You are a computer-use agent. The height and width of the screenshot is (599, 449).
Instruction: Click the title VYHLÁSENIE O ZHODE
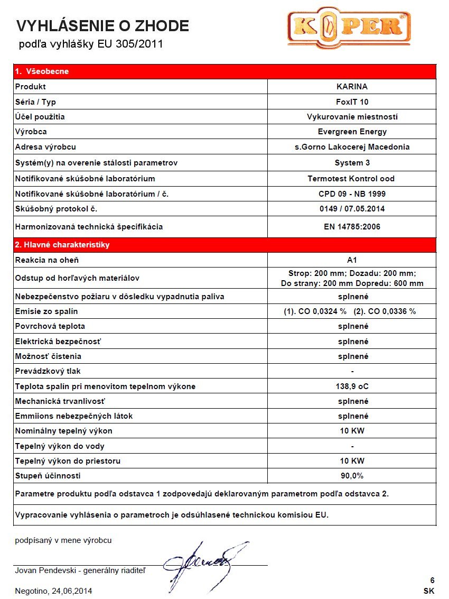click(x=102, y=25)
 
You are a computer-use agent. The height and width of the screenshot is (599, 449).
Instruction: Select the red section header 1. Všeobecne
click(x=42, y=71)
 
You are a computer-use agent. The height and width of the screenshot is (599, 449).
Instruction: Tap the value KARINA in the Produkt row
click(x=352, y=87)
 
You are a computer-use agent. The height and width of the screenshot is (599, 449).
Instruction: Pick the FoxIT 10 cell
click(x=352, y=102)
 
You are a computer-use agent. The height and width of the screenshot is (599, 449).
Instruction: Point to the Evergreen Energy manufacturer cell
click(x=352, y=132)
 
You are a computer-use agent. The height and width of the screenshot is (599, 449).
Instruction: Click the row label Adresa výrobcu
click(x=49, y=147)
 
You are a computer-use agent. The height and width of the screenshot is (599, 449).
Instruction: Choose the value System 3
click(x=352, y=163)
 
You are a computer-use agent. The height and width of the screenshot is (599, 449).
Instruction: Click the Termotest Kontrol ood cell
click(x=352, y=179)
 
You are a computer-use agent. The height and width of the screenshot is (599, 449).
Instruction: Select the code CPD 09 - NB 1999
click(x=352, y=194)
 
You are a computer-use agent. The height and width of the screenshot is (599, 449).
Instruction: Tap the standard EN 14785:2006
click(x=352, y=227)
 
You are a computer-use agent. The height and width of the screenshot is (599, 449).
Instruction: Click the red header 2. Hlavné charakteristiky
click(x=62, y=245)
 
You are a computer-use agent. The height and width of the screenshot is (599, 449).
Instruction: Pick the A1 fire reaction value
click(x=352, y=260)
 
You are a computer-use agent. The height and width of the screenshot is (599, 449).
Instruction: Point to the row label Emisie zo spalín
click(x=46, y=311)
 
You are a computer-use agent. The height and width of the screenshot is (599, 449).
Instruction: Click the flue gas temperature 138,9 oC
click(x=352, y=386)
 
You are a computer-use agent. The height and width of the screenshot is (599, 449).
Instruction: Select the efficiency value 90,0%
click(x=352, y=476)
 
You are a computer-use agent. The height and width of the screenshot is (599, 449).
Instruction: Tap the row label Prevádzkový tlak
click(x=48, y=371)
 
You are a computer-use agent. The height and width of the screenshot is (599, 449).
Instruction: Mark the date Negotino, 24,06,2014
click(x=57, y=591)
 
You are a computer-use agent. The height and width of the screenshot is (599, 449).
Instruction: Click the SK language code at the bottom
click(x=428, y=591)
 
